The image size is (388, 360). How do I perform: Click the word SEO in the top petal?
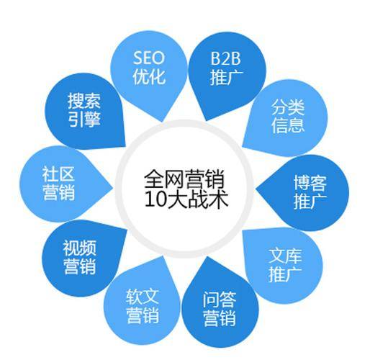pos(149,58)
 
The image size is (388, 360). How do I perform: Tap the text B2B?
pos(225,58)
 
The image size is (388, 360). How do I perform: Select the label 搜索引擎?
pos(84,110)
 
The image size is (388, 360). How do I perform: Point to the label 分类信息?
pos(287,116)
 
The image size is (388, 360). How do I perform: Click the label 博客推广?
pos(310,192)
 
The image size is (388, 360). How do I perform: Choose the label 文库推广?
pos(285,265)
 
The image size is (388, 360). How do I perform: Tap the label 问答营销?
pos(220,309)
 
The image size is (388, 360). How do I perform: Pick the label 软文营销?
pos(143,306)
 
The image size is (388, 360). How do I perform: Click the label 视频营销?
pos(79,257)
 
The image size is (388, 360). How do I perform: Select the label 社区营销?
pos(58,183)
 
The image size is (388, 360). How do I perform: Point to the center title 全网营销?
pos(184,179)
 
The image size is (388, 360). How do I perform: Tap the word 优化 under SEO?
pos(149,76)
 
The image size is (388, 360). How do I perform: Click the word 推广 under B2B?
pos(227,77)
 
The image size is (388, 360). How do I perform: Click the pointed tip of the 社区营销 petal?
pos(113,187)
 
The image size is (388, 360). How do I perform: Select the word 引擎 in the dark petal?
pos(84,119)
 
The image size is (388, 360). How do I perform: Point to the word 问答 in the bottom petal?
pos(220,300)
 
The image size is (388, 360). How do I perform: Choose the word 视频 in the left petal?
pos(79,248)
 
